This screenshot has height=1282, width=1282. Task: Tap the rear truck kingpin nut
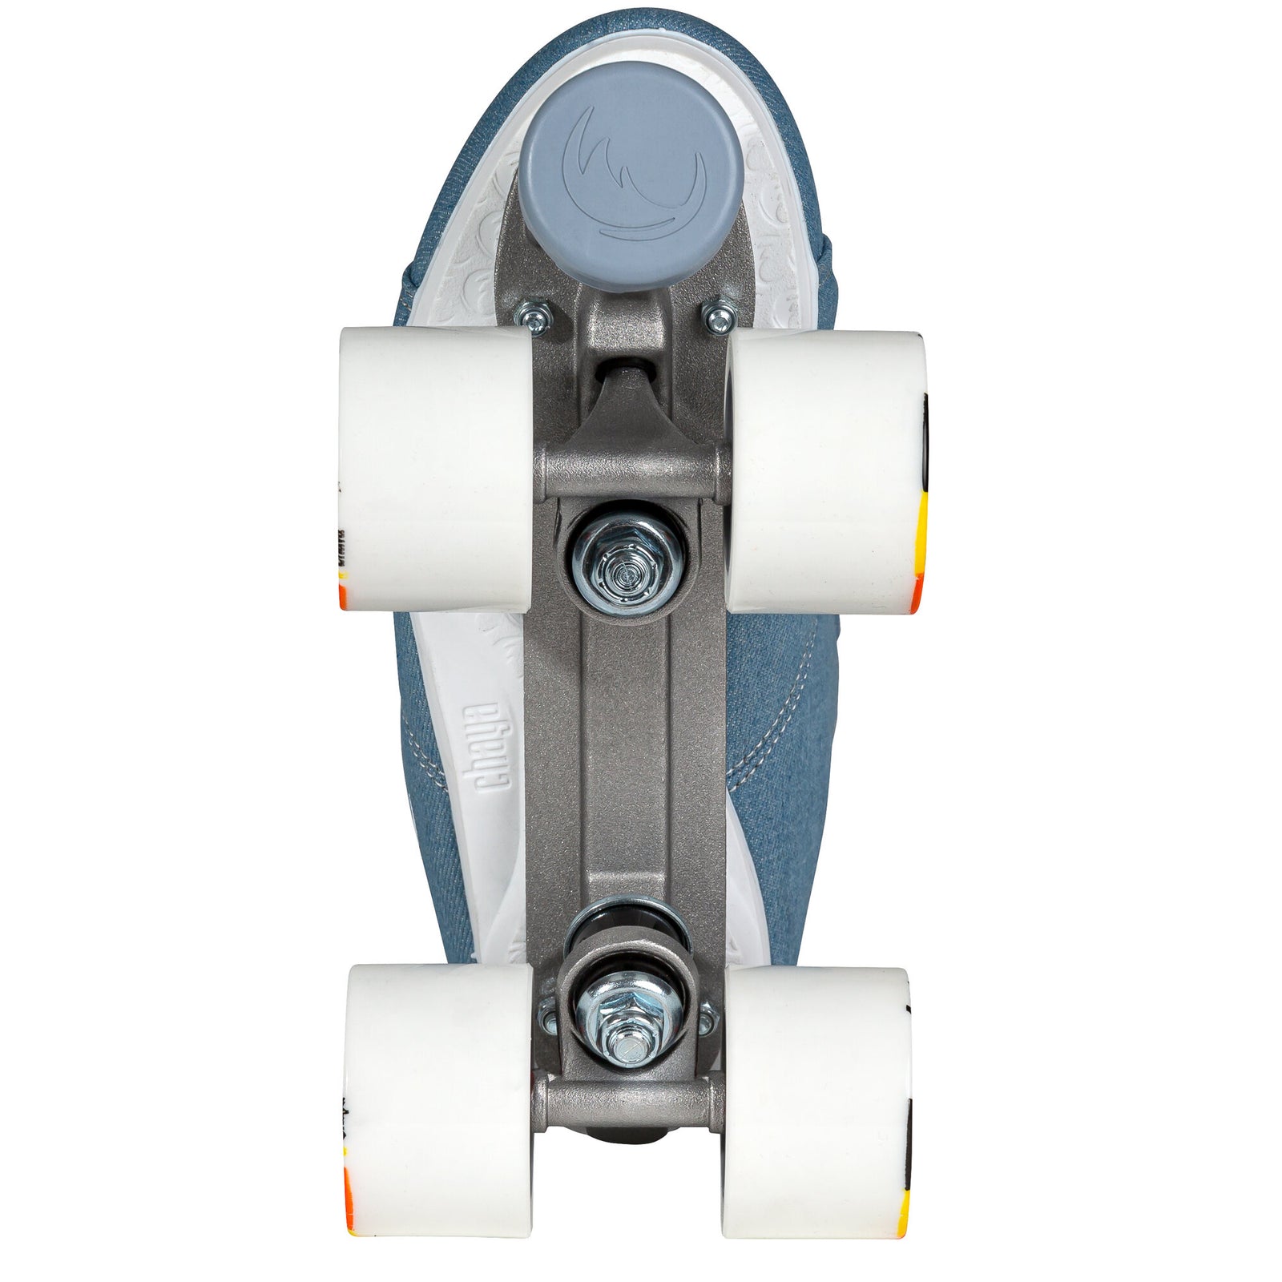point(624,1037)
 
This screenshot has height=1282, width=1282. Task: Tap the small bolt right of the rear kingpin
point(707,1019)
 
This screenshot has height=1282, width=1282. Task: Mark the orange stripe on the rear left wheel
point(349,1186)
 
